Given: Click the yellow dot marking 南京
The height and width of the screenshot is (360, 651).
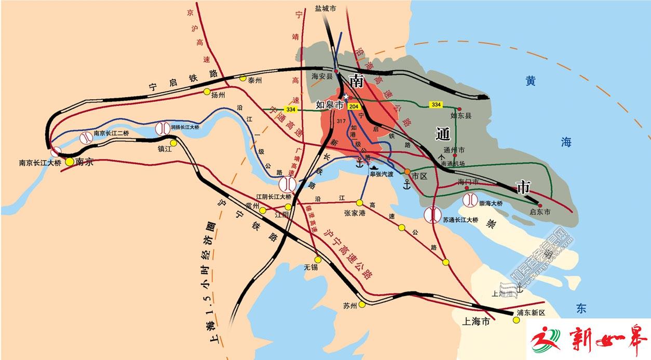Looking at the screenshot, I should pyautogui.click(x=69, y=162).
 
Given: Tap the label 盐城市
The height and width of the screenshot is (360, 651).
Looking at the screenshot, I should pyautogui.click(x=325, y=9).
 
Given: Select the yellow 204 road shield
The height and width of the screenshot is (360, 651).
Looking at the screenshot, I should pyautogui.click(x=354, y=106).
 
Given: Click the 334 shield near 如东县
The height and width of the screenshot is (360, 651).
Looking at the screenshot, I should pyautogui.click(x=436, y=105).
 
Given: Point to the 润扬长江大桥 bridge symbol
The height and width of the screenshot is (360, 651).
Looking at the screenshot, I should pyautogui.click(x=163, y=128).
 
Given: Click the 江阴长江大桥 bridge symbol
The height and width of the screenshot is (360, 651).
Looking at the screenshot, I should pyautogui.click(x=286, y=184).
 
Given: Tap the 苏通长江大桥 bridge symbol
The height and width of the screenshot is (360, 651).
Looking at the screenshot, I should pyautogui.click(x=431, y=214).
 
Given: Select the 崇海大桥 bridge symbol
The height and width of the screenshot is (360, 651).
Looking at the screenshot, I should pyautogui.click(x=470, y=199).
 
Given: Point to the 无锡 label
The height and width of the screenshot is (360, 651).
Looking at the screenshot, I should pyautogui.click(x=310, y=268).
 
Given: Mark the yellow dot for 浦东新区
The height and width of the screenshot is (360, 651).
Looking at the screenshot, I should pyautogui.click(x=516, y=321).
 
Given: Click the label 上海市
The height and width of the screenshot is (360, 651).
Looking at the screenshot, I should pyautogui.click(x=476, y=322).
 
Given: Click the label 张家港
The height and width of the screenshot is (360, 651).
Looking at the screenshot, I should pyautogui.click(x=355, y=212).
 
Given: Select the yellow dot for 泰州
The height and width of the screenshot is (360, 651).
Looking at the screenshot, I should pyautogui.click(x=242, y=78).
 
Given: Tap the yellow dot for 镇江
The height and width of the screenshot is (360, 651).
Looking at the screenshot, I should pyautogui.click(x=173, y=143).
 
